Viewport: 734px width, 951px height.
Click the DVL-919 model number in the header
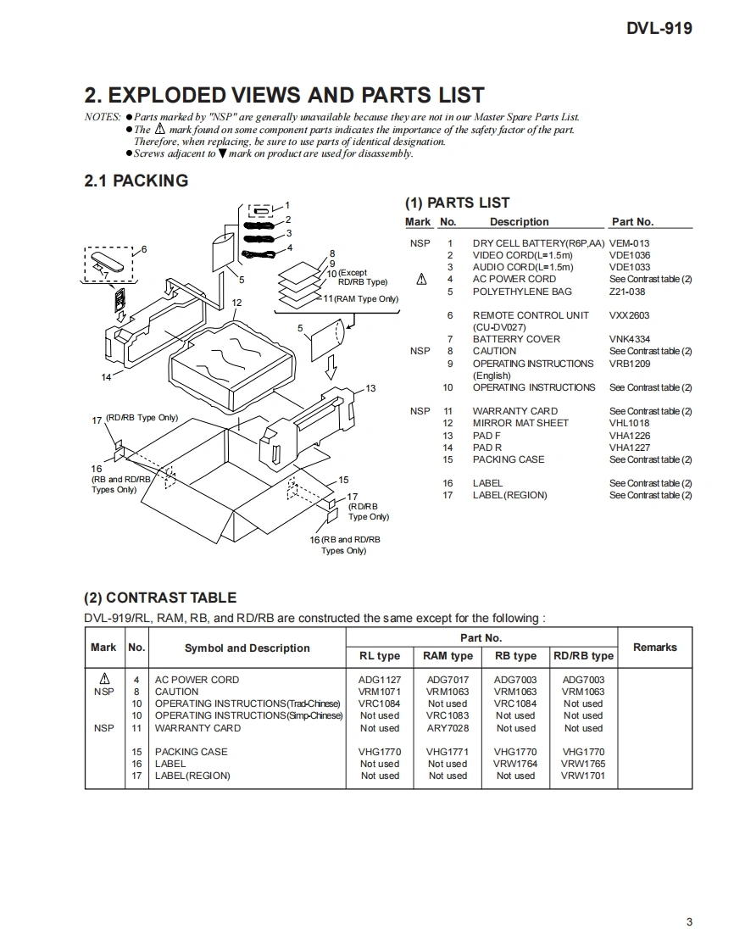tap(659, 28)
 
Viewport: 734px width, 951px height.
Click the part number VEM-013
tap(629, 243)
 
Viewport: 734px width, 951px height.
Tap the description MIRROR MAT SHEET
tap(520, 423)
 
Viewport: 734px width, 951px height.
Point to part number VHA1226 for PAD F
tap(630, 436)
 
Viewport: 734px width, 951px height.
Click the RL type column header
tap(380, 656)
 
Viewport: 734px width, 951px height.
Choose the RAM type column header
tap(448, 656)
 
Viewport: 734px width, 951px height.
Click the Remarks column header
tap(654, 648)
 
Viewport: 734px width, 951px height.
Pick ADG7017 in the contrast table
tap(448, 680)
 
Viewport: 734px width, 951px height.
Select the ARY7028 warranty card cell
tap(448, 728)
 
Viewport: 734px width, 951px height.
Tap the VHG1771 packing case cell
tap(448, 752)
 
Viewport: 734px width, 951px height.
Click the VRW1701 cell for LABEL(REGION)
tap(583, 776)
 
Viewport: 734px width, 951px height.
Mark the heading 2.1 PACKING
tap(136, 181)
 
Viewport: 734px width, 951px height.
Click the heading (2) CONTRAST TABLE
tap(160, 598)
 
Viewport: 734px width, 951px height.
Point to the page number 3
tap(689, 922)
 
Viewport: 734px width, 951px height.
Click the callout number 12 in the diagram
tap(236, 303)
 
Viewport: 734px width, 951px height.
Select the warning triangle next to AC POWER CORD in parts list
tap(421, 279)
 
